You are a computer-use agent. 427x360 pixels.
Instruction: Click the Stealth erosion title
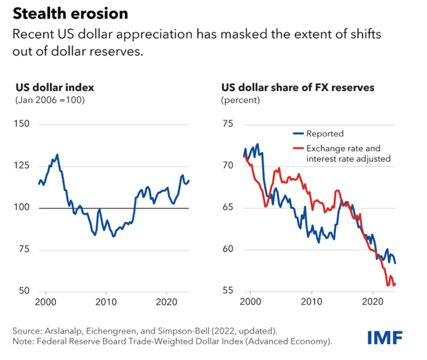[70, 14]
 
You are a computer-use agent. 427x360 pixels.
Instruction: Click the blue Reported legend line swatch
[299, 134]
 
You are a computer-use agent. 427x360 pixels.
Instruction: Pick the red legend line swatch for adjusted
[299, 148]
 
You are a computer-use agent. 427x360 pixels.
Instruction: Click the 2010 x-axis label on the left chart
[106, 302]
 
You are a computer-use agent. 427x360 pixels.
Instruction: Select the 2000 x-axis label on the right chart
[251, 302]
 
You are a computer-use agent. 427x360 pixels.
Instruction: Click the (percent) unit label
[241, 100]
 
